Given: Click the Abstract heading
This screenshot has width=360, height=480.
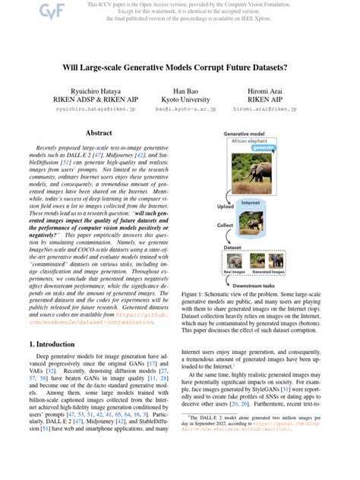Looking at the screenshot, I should tap(99, 134).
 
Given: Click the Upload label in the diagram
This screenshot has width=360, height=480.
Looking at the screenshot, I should tap(226, 206).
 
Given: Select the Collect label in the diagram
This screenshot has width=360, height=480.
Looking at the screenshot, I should tap(226, 226).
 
